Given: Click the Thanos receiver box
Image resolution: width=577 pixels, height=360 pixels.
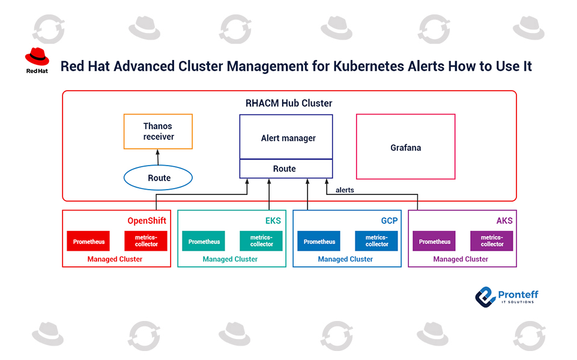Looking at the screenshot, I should point(158,131).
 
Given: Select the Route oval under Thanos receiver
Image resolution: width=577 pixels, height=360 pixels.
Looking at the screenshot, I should point(158,178).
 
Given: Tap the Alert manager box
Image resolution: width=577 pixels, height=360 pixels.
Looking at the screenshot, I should point(286,137).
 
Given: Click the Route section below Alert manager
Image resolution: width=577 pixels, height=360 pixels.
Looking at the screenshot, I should point(285,169).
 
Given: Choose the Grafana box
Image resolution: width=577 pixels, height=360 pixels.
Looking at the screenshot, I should point(405,147).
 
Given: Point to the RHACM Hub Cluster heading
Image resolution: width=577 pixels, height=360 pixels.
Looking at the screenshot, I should point(289,103).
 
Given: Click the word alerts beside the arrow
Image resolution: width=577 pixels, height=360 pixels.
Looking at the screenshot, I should point(345,190).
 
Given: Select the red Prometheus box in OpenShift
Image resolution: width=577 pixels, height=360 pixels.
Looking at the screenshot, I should point(88,242).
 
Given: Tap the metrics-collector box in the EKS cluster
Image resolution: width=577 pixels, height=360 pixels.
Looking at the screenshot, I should point(261,241).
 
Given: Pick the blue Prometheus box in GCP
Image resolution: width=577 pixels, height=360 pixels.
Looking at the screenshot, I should point(319,242).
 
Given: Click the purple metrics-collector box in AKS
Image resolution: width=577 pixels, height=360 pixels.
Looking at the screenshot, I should point(492,241).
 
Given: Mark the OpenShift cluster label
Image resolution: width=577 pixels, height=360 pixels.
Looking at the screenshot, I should point(147,221).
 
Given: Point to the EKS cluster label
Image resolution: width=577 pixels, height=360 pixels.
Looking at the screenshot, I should point(273,221).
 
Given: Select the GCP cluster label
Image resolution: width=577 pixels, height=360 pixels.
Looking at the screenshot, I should point(389,221).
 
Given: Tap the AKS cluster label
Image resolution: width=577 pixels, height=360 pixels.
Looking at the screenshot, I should point(504,221).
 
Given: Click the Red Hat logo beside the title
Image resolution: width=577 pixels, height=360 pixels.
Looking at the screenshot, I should point(37,61).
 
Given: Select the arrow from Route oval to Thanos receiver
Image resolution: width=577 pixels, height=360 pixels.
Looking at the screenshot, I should point(158,157).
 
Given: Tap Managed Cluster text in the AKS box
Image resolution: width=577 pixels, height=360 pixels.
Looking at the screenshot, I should point(461,259).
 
